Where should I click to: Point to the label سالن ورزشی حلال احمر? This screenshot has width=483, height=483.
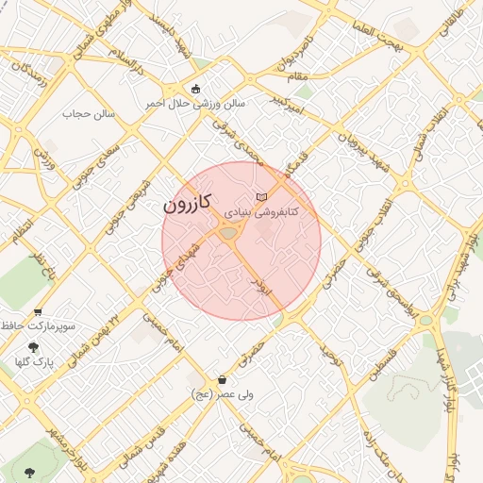coord(194,103)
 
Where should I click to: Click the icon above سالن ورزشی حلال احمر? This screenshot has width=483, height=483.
coord(195,90)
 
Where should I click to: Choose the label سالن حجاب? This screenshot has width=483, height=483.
coord(88,113)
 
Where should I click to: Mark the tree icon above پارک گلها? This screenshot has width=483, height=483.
coord(34,346)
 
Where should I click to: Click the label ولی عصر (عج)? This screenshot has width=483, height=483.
coord(222,392)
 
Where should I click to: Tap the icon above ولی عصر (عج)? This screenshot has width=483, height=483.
coord(222,379)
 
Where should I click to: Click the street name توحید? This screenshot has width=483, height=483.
coord(328,356)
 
